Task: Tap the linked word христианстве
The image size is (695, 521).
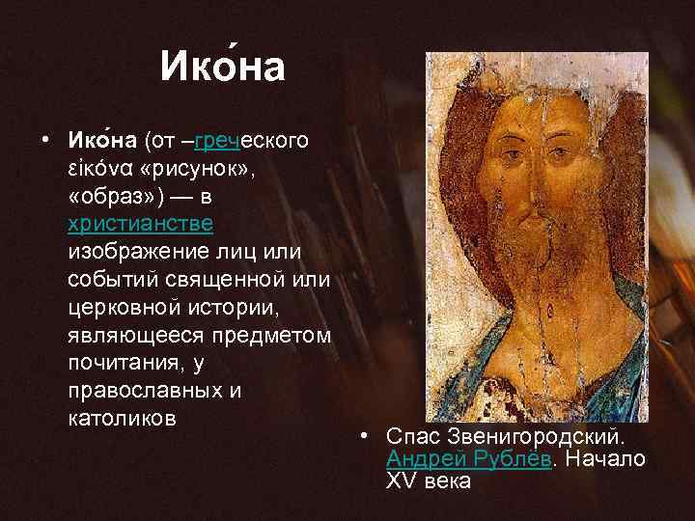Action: [x=141, y=224]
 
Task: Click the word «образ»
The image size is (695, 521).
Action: [x=112, y=197]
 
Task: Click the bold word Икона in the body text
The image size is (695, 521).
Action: [x=103, y=141]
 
